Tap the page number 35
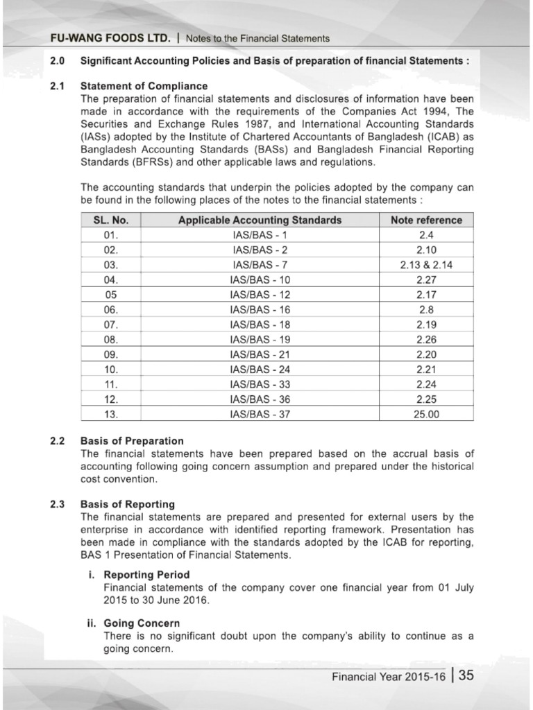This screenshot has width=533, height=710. (x=466, y=675)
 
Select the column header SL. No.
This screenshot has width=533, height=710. (x=110, y=220)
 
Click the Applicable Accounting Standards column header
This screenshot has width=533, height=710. (x=260, y=220)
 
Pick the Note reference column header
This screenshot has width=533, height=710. (x=426, y=220)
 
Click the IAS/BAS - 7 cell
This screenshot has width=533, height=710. (x=260, y=265)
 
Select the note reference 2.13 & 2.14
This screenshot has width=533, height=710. (x=426, y=265)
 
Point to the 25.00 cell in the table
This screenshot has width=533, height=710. (x=426, y=415)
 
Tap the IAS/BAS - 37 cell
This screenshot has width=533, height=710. (x=260, y=415)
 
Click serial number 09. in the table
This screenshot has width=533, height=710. (x=110, y=355)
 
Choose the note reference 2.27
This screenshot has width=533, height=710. (x=426, y=280)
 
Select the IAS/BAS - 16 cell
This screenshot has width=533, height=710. (x=260, y=310)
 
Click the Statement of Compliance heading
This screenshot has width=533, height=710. (x=144, y=86)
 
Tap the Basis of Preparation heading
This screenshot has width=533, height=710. (x=132, y=441)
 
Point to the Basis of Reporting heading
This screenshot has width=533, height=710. (x=128, y=504)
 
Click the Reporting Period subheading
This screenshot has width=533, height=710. (x=146, y=575)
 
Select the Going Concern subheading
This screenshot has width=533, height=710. (x=142, y=623)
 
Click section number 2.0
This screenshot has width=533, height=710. (x=58, y=61)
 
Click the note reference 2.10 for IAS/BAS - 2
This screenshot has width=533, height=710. (x=426, y=250)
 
